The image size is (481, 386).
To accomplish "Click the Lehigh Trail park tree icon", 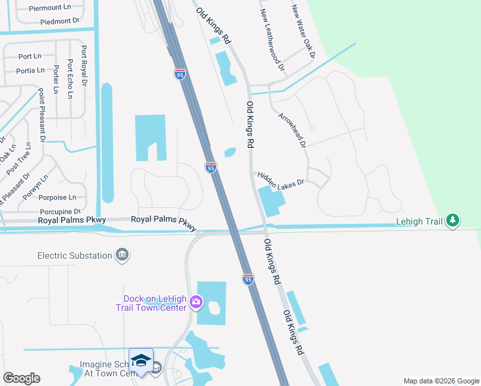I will tap(453, 221).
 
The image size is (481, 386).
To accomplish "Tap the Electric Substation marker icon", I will tap(122, 256).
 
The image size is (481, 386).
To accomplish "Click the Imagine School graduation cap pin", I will tap(141, 361).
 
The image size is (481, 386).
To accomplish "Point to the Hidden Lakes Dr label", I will tap(280, 179).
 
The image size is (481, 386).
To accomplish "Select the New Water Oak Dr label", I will tap(304, 32).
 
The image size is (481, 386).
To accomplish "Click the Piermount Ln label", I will tap(50, 7).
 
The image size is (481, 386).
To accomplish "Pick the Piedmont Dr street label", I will tap(59, 21).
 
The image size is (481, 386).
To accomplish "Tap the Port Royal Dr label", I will tap(84, 65).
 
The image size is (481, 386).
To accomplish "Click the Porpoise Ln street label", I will tap(57, 198).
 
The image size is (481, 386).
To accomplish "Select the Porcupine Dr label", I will tap(59, 211).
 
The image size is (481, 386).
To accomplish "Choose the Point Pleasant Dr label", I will tap(42, 115).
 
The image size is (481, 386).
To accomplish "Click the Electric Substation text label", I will tap(75, 255).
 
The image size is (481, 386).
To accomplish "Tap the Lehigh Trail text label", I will tap(419, 221).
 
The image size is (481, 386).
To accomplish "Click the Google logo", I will tap(21, 378).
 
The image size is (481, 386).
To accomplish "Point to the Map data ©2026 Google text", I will tap(440, 381).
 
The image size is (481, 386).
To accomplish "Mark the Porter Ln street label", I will tap(57, 78).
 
